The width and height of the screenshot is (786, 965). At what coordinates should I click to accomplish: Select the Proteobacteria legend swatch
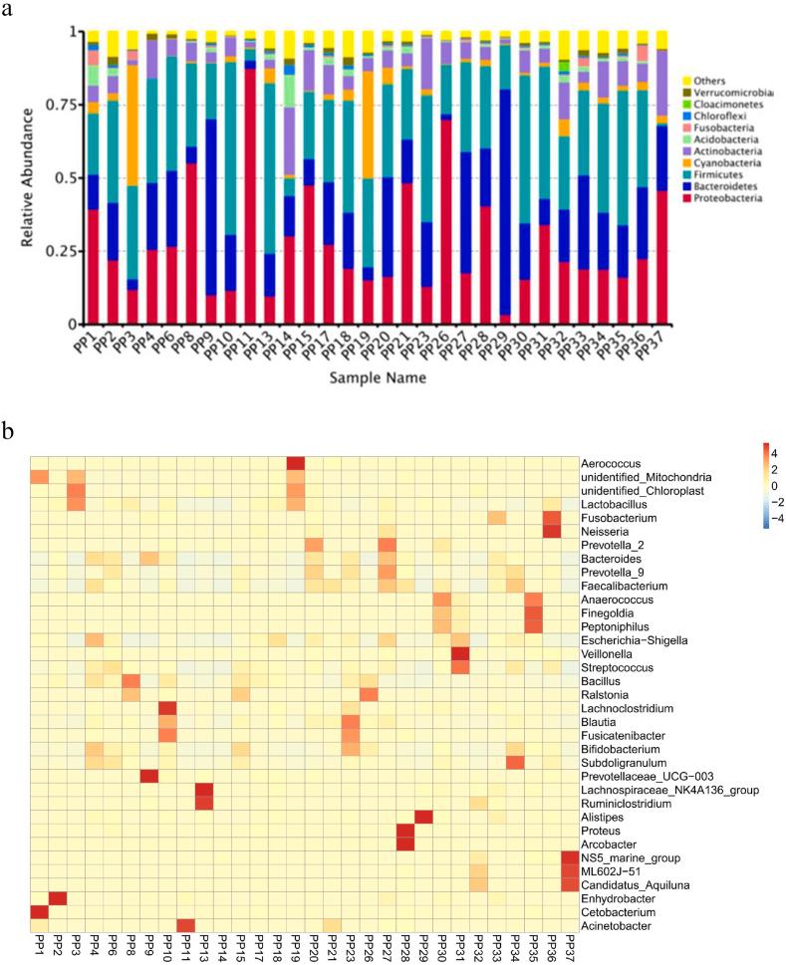pos(687,198)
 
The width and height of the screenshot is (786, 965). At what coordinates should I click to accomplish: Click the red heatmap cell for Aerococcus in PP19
pos(296,464)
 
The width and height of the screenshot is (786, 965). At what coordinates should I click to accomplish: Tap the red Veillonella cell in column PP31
pos(460,653)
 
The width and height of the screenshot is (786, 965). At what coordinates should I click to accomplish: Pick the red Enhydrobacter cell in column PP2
pos(58,898)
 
